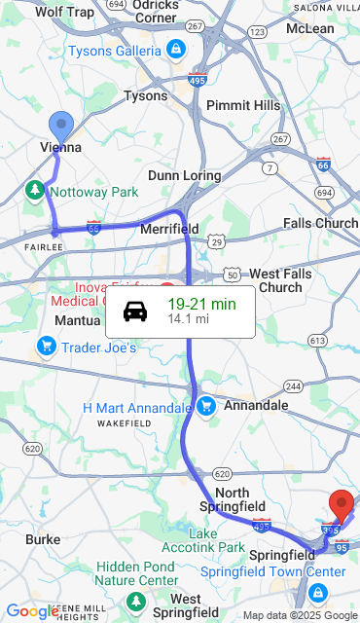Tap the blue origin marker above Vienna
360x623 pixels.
(61, 126)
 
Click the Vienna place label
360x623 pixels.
(60, 148)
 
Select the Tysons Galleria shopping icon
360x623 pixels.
(174, 49)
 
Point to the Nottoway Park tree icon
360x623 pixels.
(36, 189)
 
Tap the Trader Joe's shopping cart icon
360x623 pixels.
(46, 346)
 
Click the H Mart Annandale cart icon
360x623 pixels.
(205, 406)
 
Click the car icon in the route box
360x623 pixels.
(135, 311)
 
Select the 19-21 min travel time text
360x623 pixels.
(201, 304)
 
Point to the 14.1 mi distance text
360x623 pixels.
(188, 319)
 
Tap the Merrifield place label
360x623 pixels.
(169, 229)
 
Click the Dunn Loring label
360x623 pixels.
(183, 175)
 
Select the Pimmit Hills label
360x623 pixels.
(243, 105)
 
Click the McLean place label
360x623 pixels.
(309, 29)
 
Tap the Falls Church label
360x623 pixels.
(320, 224)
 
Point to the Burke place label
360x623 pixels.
(43, 538)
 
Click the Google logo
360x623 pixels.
(32, 611)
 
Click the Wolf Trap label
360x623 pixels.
(64, 13)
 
